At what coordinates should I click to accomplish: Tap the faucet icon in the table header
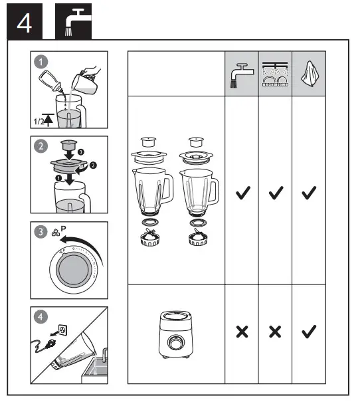pos(241,72)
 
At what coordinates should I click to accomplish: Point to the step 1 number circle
pos(43,62)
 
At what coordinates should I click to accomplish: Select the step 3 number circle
pos(43,233)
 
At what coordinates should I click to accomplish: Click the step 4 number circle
pos(43,317)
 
